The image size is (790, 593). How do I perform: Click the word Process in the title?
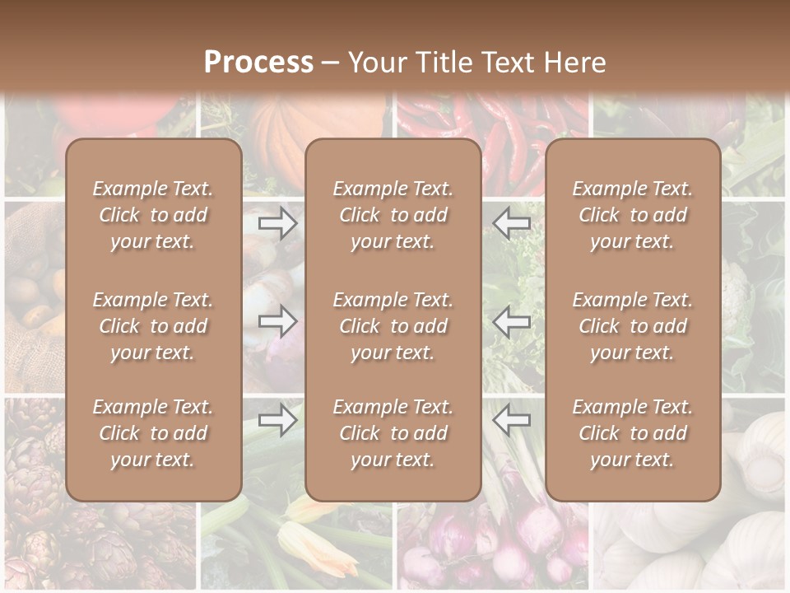(258, 63)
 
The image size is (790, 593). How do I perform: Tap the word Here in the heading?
(575, 63)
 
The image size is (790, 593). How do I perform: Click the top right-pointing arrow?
(278, 222)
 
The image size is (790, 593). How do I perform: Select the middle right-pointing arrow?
(278, 321)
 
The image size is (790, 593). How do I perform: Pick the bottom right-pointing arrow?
(278, 420)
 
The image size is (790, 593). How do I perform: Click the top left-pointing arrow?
(512, 222)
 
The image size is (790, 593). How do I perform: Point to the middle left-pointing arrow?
(512, 321)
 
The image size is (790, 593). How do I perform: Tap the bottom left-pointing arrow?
(512, 420)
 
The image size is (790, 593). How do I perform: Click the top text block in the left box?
(153, 215)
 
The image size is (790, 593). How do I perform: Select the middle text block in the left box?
(153, 326)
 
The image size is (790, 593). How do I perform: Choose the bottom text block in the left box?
(153, 433)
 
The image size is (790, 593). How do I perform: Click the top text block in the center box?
(393, 215)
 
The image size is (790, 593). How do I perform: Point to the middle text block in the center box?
(393, 326)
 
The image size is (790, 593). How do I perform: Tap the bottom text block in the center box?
(393, 433)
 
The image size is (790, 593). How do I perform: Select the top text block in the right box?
(633, 215)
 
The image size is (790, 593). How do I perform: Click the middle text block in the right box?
(633, 326)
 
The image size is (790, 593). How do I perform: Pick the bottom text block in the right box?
(633, 433)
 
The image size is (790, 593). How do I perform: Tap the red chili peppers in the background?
(510, 132)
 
